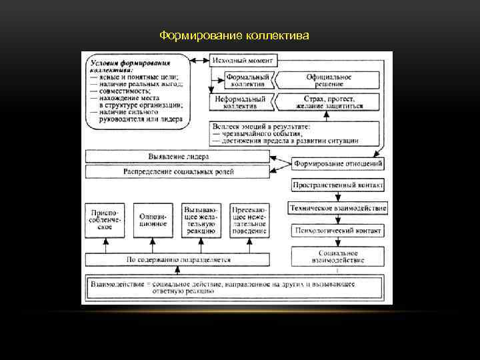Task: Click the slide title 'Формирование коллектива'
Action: [235, 34]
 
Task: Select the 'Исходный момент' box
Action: [242, 61]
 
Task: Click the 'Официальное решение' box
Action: [329, 81]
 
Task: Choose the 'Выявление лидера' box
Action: [178, 157]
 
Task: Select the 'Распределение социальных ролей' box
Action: [178, 172]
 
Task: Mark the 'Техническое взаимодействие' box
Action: [337, 208]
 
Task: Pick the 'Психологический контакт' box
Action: [337, 231]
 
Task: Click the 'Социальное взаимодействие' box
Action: [337, 257]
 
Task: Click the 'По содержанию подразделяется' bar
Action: [178, 259]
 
